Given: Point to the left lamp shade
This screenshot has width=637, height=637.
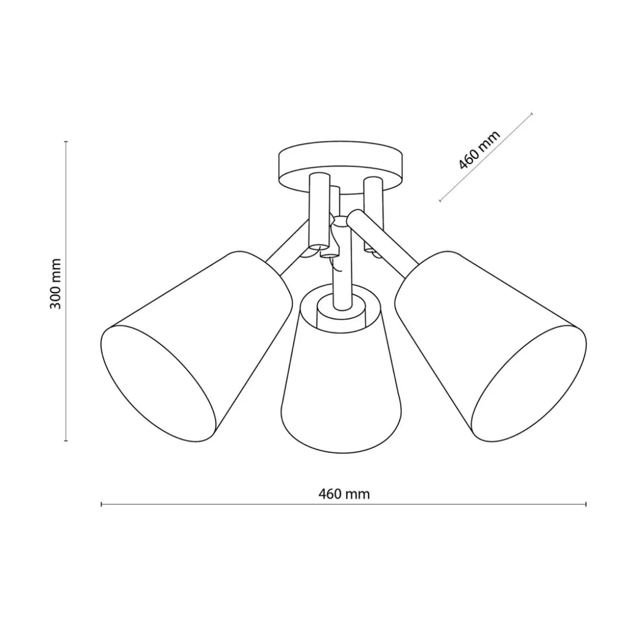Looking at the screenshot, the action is [x=195, y=344].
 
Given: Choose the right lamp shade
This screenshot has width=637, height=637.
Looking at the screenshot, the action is [x=489, y=344].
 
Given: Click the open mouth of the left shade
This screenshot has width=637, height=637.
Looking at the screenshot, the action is [x=158, y=383].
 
